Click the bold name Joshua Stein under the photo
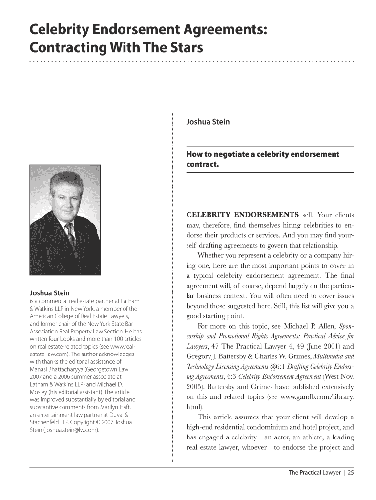pyautogui.click(x=50, y=293)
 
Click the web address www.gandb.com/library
pyautogui.click(x=321, y=396)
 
